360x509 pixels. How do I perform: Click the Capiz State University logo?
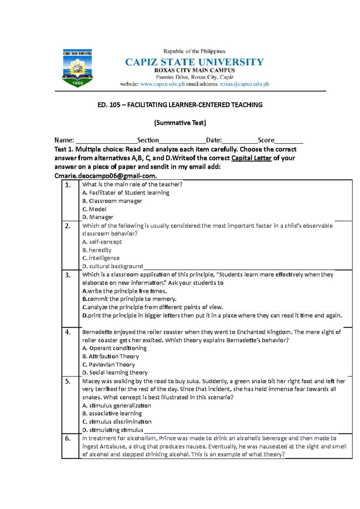point(77,68)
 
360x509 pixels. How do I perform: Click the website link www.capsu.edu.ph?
point(162,84)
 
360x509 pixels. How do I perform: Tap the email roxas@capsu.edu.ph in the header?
point(244,84)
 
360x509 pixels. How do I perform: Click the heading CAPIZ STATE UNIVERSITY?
point(194,62)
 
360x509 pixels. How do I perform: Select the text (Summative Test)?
point(180,123)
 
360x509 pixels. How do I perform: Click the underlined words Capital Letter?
point(251,158)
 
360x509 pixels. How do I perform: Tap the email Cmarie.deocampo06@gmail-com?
point(105,176)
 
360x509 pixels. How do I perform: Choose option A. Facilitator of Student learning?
point(126,193)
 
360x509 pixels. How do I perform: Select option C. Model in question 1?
point(94,209)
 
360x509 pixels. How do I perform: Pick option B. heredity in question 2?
point(97,250)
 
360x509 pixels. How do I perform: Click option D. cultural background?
point(112,266)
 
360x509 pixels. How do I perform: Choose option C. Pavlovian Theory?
point(109,365)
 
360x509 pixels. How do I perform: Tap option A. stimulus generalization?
point(117,406)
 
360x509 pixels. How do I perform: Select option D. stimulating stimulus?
point(113,430)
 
